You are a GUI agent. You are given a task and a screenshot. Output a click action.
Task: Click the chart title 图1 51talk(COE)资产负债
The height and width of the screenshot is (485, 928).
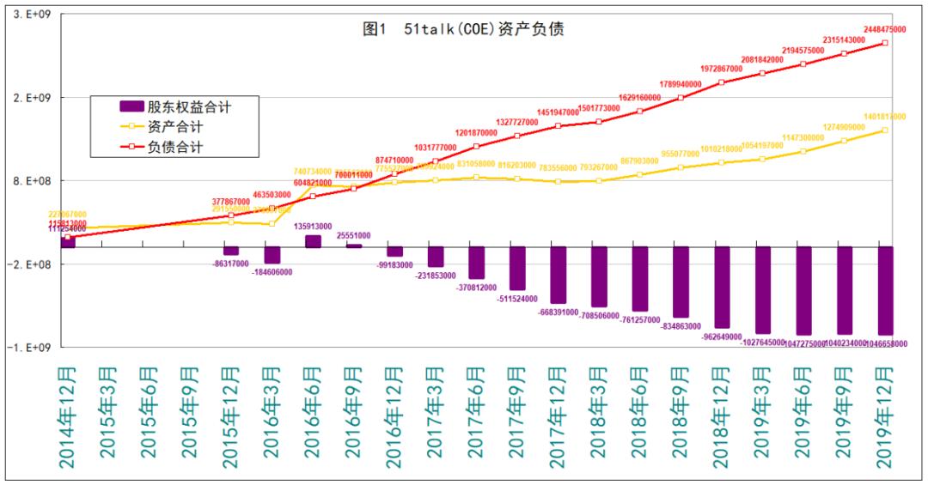(463, 29)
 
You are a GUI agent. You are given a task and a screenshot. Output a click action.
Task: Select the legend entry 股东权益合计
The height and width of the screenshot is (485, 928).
(188, 106)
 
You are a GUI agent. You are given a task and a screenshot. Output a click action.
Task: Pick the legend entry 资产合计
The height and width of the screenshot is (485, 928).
(175, 126)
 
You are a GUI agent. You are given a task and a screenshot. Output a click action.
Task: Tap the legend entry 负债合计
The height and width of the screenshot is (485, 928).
(175, 147)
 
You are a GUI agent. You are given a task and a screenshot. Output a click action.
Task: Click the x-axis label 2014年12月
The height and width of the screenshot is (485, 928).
(66, 417)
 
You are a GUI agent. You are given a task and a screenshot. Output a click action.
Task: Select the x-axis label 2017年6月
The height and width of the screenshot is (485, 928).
(476, 417)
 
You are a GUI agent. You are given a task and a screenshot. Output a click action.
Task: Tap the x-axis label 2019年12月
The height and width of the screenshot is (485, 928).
(886, 417)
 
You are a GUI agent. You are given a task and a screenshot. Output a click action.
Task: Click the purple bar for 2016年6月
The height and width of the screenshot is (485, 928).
(313, 241)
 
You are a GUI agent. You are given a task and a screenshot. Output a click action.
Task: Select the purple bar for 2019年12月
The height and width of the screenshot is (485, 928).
(886, 290)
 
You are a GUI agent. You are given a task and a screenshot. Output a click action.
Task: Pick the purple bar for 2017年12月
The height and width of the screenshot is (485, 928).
(558, 275)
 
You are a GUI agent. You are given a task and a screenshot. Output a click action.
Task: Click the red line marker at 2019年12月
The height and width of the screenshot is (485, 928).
(885, 43)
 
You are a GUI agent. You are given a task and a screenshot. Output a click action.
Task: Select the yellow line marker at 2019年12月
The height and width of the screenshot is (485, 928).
(885, 130)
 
